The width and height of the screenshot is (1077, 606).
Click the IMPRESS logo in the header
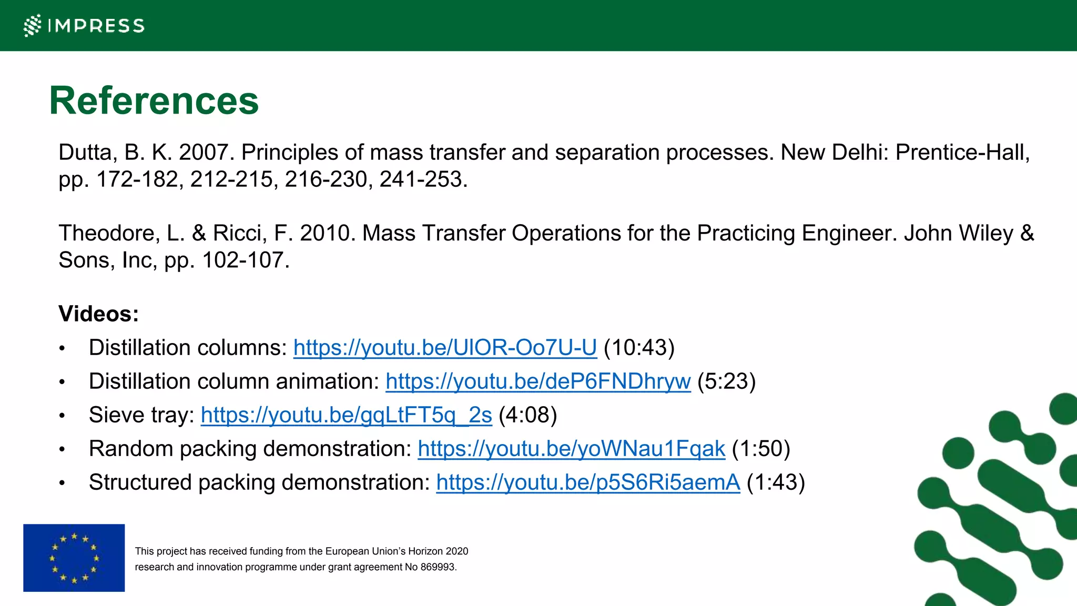[84, 25]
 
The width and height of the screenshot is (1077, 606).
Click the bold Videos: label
[99, 314]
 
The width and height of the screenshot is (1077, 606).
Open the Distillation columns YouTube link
[445, 348]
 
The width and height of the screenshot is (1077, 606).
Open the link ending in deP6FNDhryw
[538, 381]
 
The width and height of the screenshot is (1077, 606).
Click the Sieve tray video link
[346, 415]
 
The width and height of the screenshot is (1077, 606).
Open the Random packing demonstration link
[571, 449]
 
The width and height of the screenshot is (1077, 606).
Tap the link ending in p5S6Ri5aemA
[588, 482]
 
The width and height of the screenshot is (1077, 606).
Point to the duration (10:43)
[639, 348]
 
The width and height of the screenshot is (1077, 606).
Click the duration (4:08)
[527, 415]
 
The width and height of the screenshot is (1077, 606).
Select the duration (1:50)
[761, 449]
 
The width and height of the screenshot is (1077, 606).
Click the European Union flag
[74, 558]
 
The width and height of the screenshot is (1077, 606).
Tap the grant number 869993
[438, 567]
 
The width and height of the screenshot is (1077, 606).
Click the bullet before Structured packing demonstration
[62, 483]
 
